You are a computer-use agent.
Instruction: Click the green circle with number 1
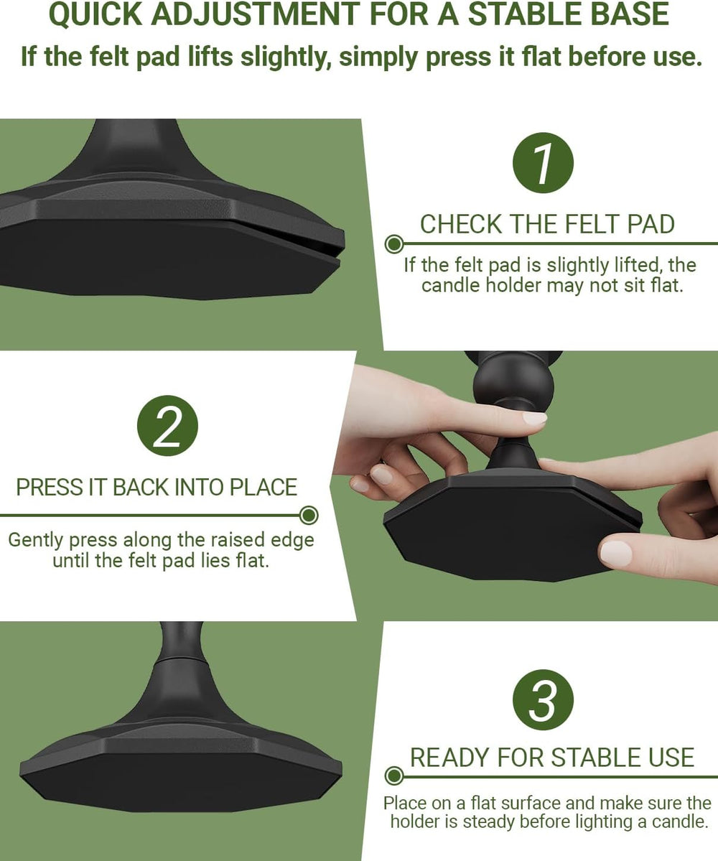(543, 163)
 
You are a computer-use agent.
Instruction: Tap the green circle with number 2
(167, 426)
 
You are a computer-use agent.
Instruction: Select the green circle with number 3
(543, 700)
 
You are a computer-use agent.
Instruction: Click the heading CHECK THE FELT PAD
(547, 225)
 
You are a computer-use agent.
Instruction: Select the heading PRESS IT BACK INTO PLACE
(157, 488)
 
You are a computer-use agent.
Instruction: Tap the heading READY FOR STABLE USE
(552, 758)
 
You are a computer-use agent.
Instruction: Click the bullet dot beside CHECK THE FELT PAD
(393, 244)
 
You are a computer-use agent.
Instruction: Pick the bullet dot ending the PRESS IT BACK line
(309, 516)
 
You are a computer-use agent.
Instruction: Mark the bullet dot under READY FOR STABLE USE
(393, 776)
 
